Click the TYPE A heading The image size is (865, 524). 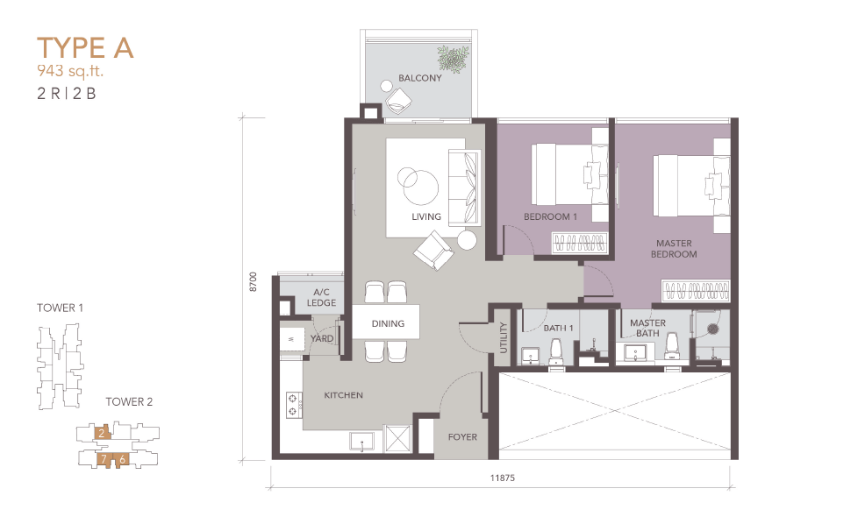85,48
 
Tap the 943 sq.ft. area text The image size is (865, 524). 70,71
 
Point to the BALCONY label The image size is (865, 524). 420,78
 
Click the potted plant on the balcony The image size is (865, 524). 454,59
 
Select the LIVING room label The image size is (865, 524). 426,216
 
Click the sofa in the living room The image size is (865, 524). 464,188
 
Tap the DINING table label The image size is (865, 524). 388,323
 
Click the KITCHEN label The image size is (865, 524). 343,395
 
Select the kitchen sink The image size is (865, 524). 362,442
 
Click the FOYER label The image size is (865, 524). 462,437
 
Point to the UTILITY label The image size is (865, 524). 503,337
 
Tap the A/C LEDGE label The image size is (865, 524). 321,298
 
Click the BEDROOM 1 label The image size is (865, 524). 551,216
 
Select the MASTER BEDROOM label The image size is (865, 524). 674,249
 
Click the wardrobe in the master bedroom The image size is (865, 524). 696,291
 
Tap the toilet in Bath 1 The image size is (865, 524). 555,351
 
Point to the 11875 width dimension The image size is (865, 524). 502,478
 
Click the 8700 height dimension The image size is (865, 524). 254,281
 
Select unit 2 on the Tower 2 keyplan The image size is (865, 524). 102,434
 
